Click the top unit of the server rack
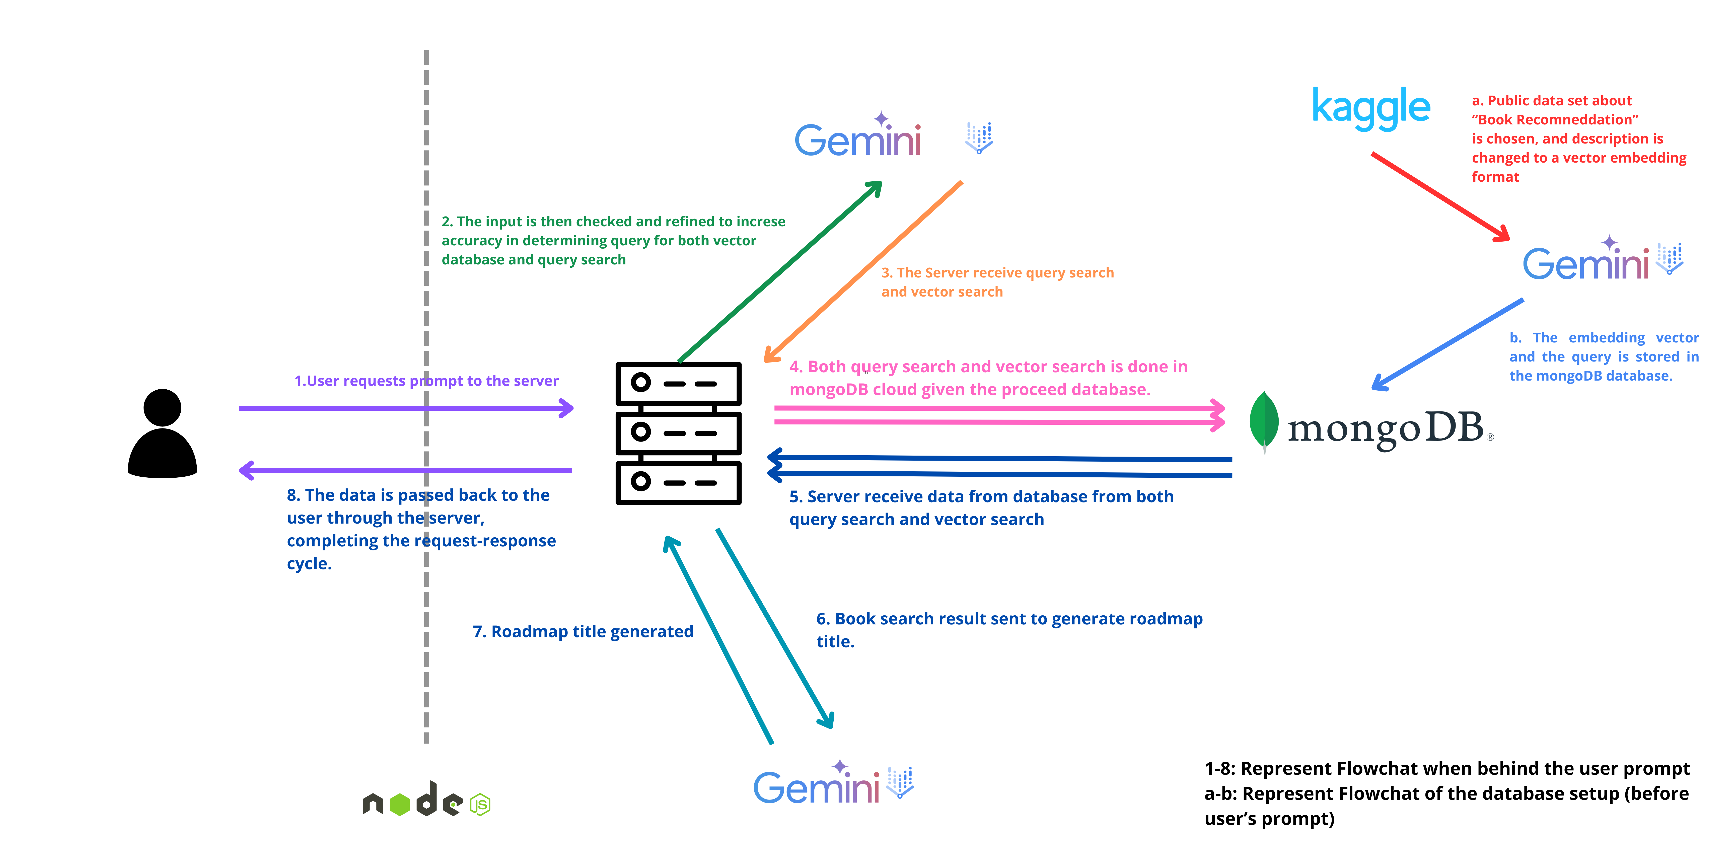[x=679, y=384]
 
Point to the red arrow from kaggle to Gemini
[x=1440, y=197]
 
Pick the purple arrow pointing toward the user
[x=405, y=470]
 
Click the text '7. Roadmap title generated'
[x=583, y=631]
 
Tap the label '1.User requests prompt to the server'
[x=426, y=381]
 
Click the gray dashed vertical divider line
[x=426, y=397]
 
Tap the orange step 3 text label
[x=998, y=282]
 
